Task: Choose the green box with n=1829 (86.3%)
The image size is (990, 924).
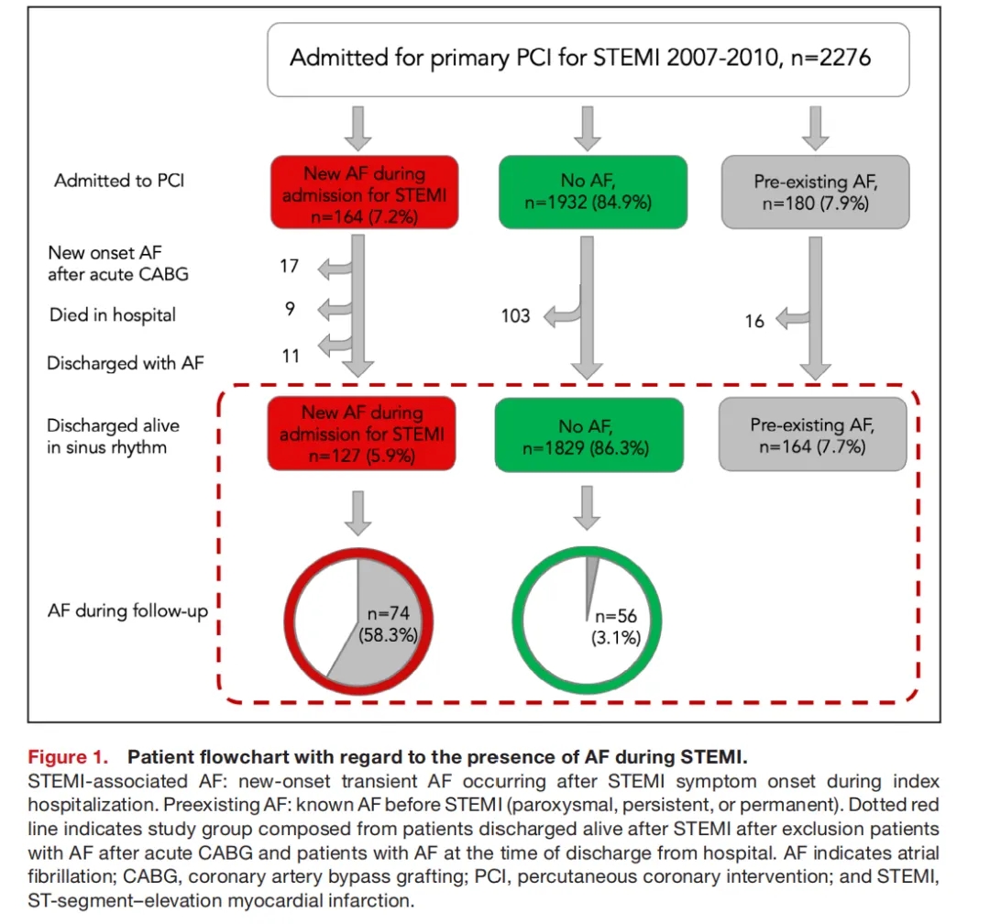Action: (x=588, y=434)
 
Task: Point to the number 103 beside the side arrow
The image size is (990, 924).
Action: (x=515, y=316)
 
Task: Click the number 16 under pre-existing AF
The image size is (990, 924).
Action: (x=754, y=322)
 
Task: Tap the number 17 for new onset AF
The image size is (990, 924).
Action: (x=290, y=267)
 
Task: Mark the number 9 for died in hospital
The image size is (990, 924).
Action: (x=290, y=309)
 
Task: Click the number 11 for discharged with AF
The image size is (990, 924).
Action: (x=291, y=355)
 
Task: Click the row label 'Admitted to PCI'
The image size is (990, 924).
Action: (x=119, y=181)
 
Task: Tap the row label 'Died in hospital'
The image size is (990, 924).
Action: (x=113, y=314)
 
